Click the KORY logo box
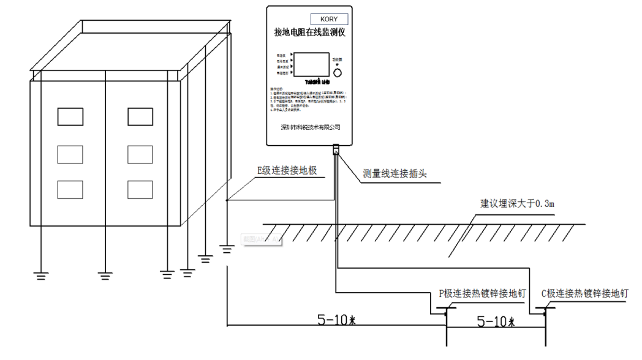click(x=329, y=19)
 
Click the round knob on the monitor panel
click(x=338, y=72)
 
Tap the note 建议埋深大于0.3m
click(x=517, y=203)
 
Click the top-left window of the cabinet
click(x=70, y=116)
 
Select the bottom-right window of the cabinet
click(x=140, y=189)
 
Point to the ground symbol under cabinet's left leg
click(x=42, y=276)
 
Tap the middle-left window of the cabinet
click(x=70, y=154)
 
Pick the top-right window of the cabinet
click(x=140, y=116)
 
